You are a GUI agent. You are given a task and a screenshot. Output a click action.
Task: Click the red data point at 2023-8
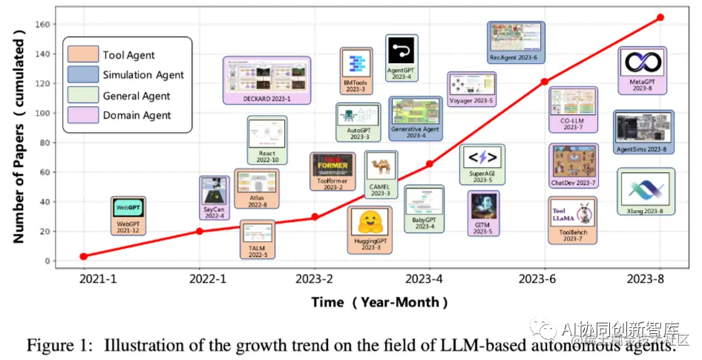660,17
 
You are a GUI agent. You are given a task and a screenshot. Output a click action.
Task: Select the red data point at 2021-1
83,256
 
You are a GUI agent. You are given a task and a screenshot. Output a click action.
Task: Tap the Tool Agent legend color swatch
82,55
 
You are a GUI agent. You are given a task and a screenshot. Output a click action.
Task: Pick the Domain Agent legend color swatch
82,115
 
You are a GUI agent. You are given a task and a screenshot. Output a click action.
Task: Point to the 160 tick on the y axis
42,24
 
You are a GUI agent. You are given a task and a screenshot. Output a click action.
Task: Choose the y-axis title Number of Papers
20,142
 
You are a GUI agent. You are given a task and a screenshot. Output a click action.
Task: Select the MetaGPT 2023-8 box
643,71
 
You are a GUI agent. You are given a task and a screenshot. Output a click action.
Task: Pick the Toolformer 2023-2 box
331,172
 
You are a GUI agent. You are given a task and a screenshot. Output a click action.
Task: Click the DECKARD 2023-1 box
267,80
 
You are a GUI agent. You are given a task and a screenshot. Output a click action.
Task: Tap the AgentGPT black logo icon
401,50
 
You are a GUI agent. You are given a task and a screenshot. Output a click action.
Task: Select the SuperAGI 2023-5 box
482,164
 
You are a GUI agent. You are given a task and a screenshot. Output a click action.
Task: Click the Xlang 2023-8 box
645,192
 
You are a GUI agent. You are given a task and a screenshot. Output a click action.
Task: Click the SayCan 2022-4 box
214,196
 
